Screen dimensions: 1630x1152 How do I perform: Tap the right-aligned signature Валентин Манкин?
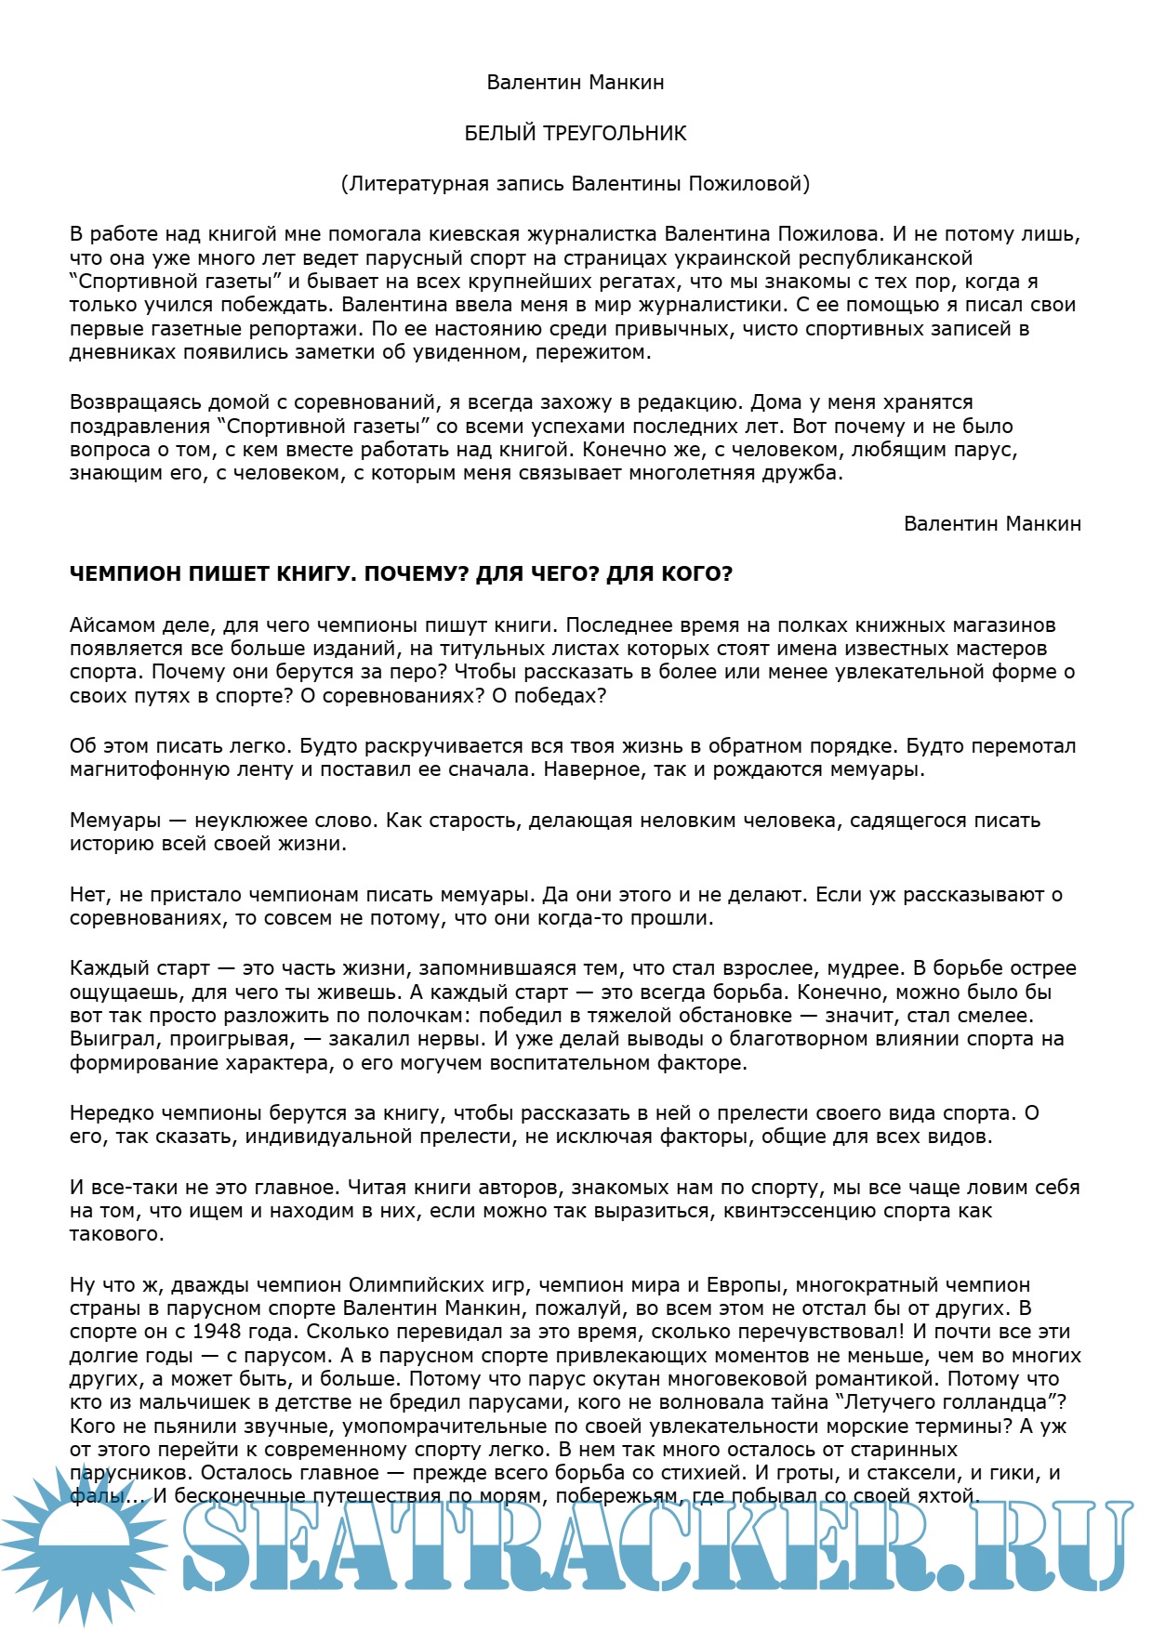pyautogui.click(x=992, y=523)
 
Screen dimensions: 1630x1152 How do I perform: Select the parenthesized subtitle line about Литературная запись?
pyautogui.click(x=576, y=183)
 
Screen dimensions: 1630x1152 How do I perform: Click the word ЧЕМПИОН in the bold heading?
pyautogui.click(x=126, y=573)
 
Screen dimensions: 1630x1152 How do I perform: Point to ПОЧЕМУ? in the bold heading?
pyautogui.click(x=417, y=573)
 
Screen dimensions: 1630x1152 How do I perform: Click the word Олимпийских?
pyautogui.click(x=406, y=1285)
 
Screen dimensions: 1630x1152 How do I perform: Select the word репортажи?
pyautogui.click(x=313, y=328)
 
